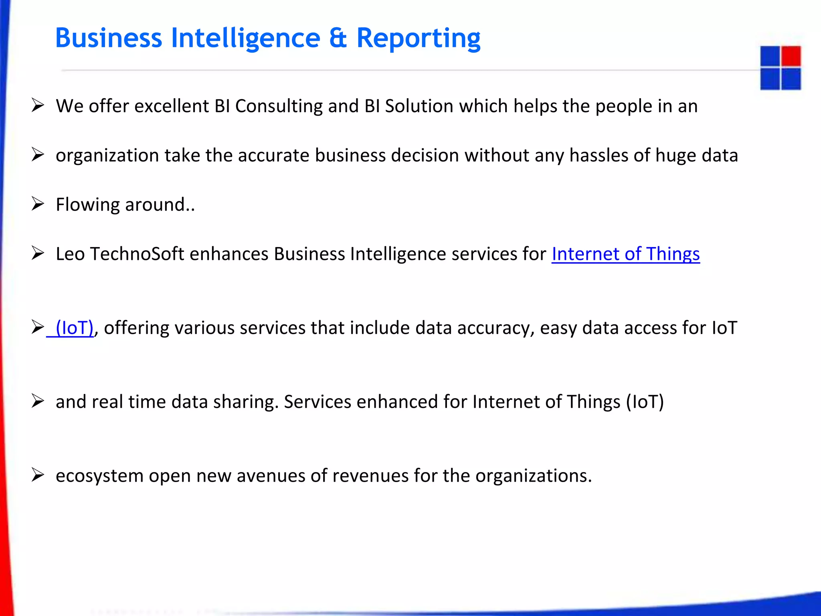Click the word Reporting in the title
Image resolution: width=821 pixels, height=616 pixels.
(418, 38)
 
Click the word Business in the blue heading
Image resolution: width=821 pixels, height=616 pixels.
(108, 38)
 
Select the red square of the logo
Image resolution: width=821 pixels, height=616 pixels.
(791, 56)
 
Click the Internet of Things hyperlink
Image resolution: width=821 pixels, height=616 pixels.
(625, 254)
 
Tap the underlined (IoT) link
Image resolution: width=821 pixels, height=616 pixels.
(74, 328)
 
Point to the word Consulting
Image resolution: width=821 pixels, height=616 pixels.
(279, 106)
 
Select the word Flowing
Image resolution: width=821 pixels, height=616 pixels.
(88, 205)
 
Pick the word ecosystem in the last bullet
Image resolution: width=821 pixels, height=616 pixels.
(99, 476)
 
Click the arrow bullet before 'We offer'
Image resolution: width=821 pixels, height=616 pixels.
(38, 105)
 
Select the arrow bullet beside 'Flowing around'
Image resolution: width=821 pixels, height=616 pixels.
(38, 204)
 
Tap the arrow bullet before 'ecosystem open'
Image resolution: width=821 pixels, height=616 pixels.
(38, 475)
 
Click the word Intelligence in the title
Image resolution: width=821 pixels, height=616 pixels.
(246, 38)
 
